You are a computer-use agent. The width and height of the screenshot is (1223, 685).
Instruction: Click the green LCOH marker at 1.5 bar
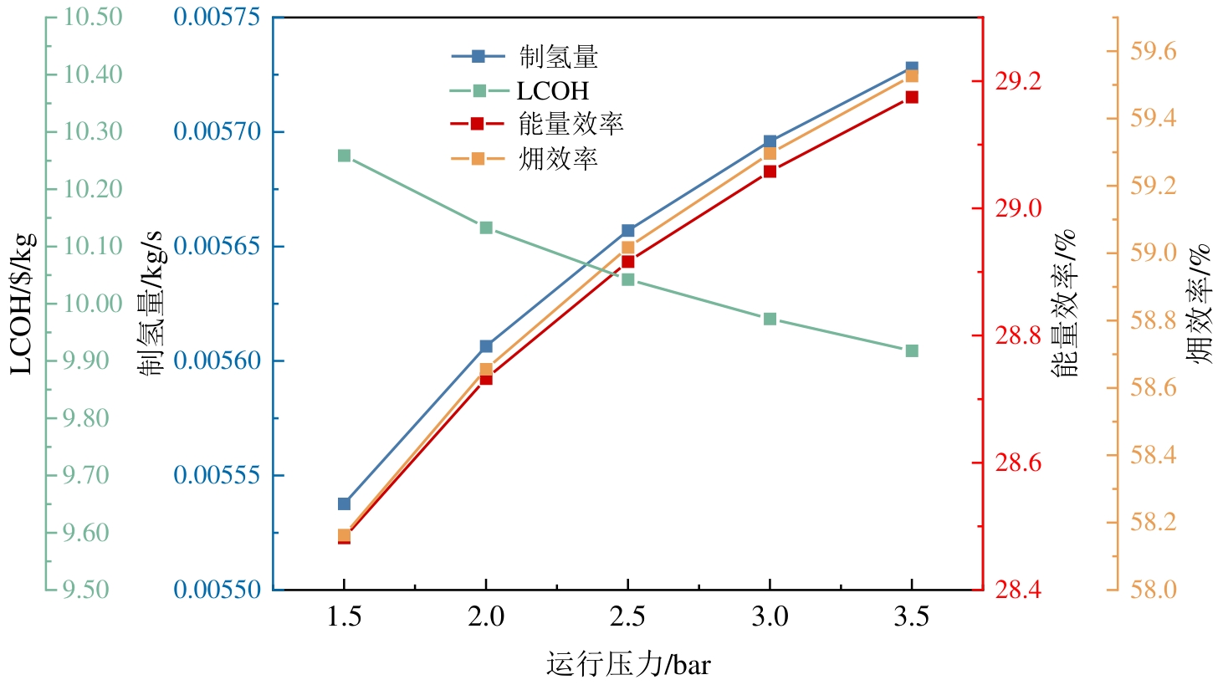(344, 156)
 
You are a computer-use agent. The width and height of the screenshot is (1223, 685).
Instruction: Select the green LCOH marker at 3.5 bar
(912, 350)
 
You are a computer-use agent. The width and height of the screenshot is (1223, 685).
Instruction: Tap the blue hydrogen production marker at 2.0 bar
(486, 345)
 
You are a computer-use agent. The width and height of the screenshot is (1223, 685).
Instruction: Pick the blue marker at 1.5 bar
(344, 504)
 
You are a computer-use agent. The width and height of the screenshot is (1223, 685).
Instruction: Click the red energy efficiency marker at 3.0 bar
(770, 171)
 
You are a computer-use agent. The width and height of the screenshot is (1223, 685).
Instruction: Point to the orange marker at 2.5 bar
(628, 248)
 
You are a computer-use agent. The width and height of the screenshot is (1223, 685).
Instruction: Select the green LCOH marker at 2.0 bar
(486, 227)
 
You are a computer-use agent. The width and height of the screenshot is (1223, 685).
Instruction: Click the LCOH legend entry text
(553, 90)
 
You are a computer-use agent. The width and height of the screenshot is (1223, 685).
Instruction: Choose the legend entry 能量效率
(571, 124)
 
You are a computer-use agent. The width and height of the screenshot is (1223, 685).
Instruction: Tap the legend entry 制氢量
(558, 57)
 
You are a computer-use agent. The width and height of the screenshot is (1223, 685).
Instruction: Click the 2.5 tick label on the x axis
(627, 617)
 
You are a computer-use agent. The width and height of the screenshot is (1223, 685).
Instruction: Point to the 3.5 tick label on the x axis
(911, 617)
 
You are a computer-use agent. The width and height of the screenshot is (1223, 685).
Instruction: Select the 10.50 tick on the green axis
(93, 17)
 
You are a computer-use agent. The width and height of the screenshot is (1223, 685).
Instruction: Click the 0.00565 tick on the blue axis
(217, 246)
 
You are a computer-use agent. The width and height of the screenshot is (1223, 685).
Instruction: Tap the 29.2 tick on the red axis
(1018, 81)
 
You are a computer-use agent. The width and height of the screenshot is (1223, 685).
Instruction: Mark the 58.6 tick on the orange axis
(1153, 388)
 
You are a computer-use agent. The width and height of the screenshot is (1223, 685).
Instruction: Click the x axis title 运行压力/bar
(628, 665)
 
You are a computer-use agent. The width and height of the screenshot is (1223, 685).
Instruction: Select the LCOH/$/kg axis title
(23, 303)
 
